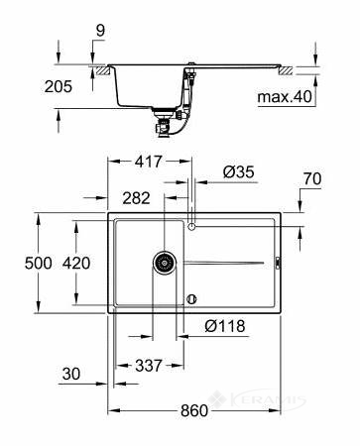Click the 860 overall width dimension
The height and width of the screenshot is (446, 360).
pyautogui.click(x=194, y=410)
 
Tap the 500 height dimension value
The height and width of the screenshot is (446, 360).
pyautogui.click(x=39, y=264)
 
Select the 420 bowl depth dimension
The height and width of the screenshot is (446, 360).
pyautogui.click(x=76, y=264)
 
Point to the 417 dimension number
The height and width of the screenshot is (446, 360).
pyautogui.click(x=149, y=162)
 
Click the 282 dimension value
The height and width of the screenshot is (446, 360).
pyautogui.click(x=136, y=198)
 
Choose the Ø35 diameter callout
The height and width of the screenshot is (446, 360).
pyautogui.click(x=238, y=172)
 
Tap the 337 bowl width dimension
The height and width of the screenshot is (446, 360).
pyautogui.click(x=149, y=366)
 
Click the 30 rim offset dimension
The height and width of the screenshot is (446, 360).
pyautogui.click(x=71, y=374)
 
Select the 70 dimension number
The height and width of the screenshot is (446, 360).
pyautogui.click(x=312, y=178)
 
